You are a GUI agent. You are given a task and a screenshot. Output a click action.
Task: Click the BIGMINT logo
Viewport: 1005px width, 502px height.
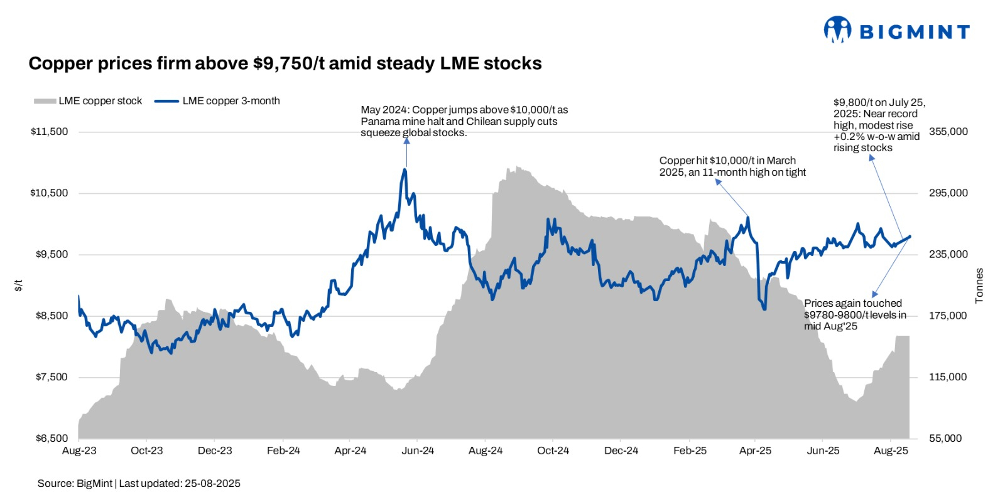pos(896,31)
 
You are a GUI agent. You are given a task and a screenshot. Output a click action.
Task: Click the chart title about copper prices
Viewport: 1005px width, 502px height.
pos(285,63)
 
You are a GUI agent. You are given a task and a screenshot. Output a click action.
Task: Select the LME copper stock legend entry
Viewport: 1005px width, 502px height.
pos(88,101)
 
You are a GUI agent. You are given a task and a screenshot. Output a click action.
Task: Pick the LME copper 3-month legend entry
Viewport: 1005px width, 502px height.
pos(217,101)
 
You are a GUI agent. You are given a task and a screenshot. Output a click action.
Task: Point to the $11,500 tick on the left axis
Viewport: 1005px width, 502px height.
pos(49,132)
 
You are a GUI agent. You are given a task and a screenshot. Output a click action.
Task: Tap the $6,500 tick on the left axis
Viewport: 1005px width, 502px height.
pos(52,438)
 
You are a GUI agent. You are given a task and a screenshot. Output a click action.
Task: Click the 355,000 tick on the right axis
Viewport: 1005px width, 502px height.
pos(948,132)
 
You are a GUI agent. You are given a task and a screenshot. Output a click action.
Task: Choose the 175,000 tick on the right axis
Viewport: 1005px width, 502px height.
pos(948,316)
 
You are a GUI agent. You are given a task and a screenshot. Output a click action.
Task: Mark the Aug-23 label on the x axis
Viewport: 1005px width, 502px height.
pos(79,451)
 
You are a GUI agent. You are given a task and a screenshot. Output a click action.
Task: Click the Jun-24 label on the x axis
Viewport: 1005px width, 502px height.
pos(418,451)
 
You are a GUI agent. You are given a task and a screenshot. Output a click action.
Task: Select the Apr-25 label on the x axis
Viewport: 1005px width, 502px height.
pos(755,451)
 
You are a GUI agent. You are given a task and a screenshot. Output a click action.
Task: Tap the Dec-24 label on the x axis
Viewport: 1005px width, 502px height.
pos(621,451)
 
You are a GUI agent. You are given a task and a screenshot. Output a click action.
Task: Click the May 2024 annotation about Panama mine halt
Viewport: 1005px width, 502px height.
pos(464,121)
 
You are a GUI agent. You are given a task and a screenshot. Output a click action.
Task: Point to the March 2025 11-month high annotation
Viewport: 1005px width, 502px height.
pos(732,166)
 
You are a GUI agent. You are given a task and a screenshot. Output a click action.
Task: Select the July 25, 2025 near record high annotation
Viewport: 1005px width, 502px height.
pos(878,125)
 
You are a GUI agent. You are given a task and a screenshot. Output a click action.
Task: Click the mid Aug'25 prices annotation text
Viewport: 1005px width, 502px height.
pos(854,314)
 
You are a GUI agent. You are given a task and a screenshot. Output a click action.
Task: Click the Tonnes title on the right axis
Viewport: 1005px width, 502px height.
pos(979,286)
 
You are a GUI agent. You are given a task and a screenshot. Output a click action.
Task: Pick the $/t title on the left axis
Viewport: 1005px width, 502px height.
pos(19,286)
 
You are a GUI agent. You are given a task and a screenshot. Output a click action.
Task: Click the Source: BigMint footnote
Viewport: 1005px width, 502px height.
pos(139,483)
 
